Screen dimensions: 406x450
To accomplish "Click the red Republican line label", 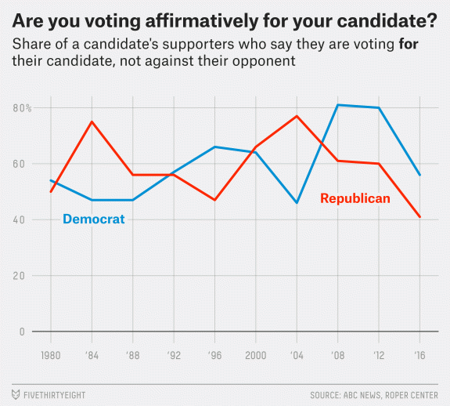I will pyautogui.click(x=355, y=199).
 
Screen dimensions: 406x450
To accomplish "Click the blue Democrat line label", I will pyautogui.click(x=93, y=219).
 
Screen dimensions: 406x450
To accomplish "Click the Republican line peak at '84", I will pyautogui.click(x=92, y=121).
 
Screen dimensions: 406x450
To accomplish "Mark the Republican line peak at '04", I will pyautogui.click(x=297, y=116).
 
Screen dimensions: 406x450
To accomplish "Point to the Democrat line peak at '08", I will pyautogui.click(x=338, y=105).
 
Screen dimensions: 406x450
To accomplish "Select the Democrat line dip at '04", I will pyautogui.click(x=297, y=203).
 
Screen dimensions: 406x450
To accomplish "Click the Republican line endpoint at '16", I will pyautogui.click(x=420, y=217).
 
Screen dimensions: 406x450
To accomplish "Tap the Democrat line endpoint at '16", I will pyautogui.click(x=420, y=175).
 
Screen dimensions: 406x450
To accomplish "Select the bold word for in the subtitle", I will pyautogui.click(x=409, y=45).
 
